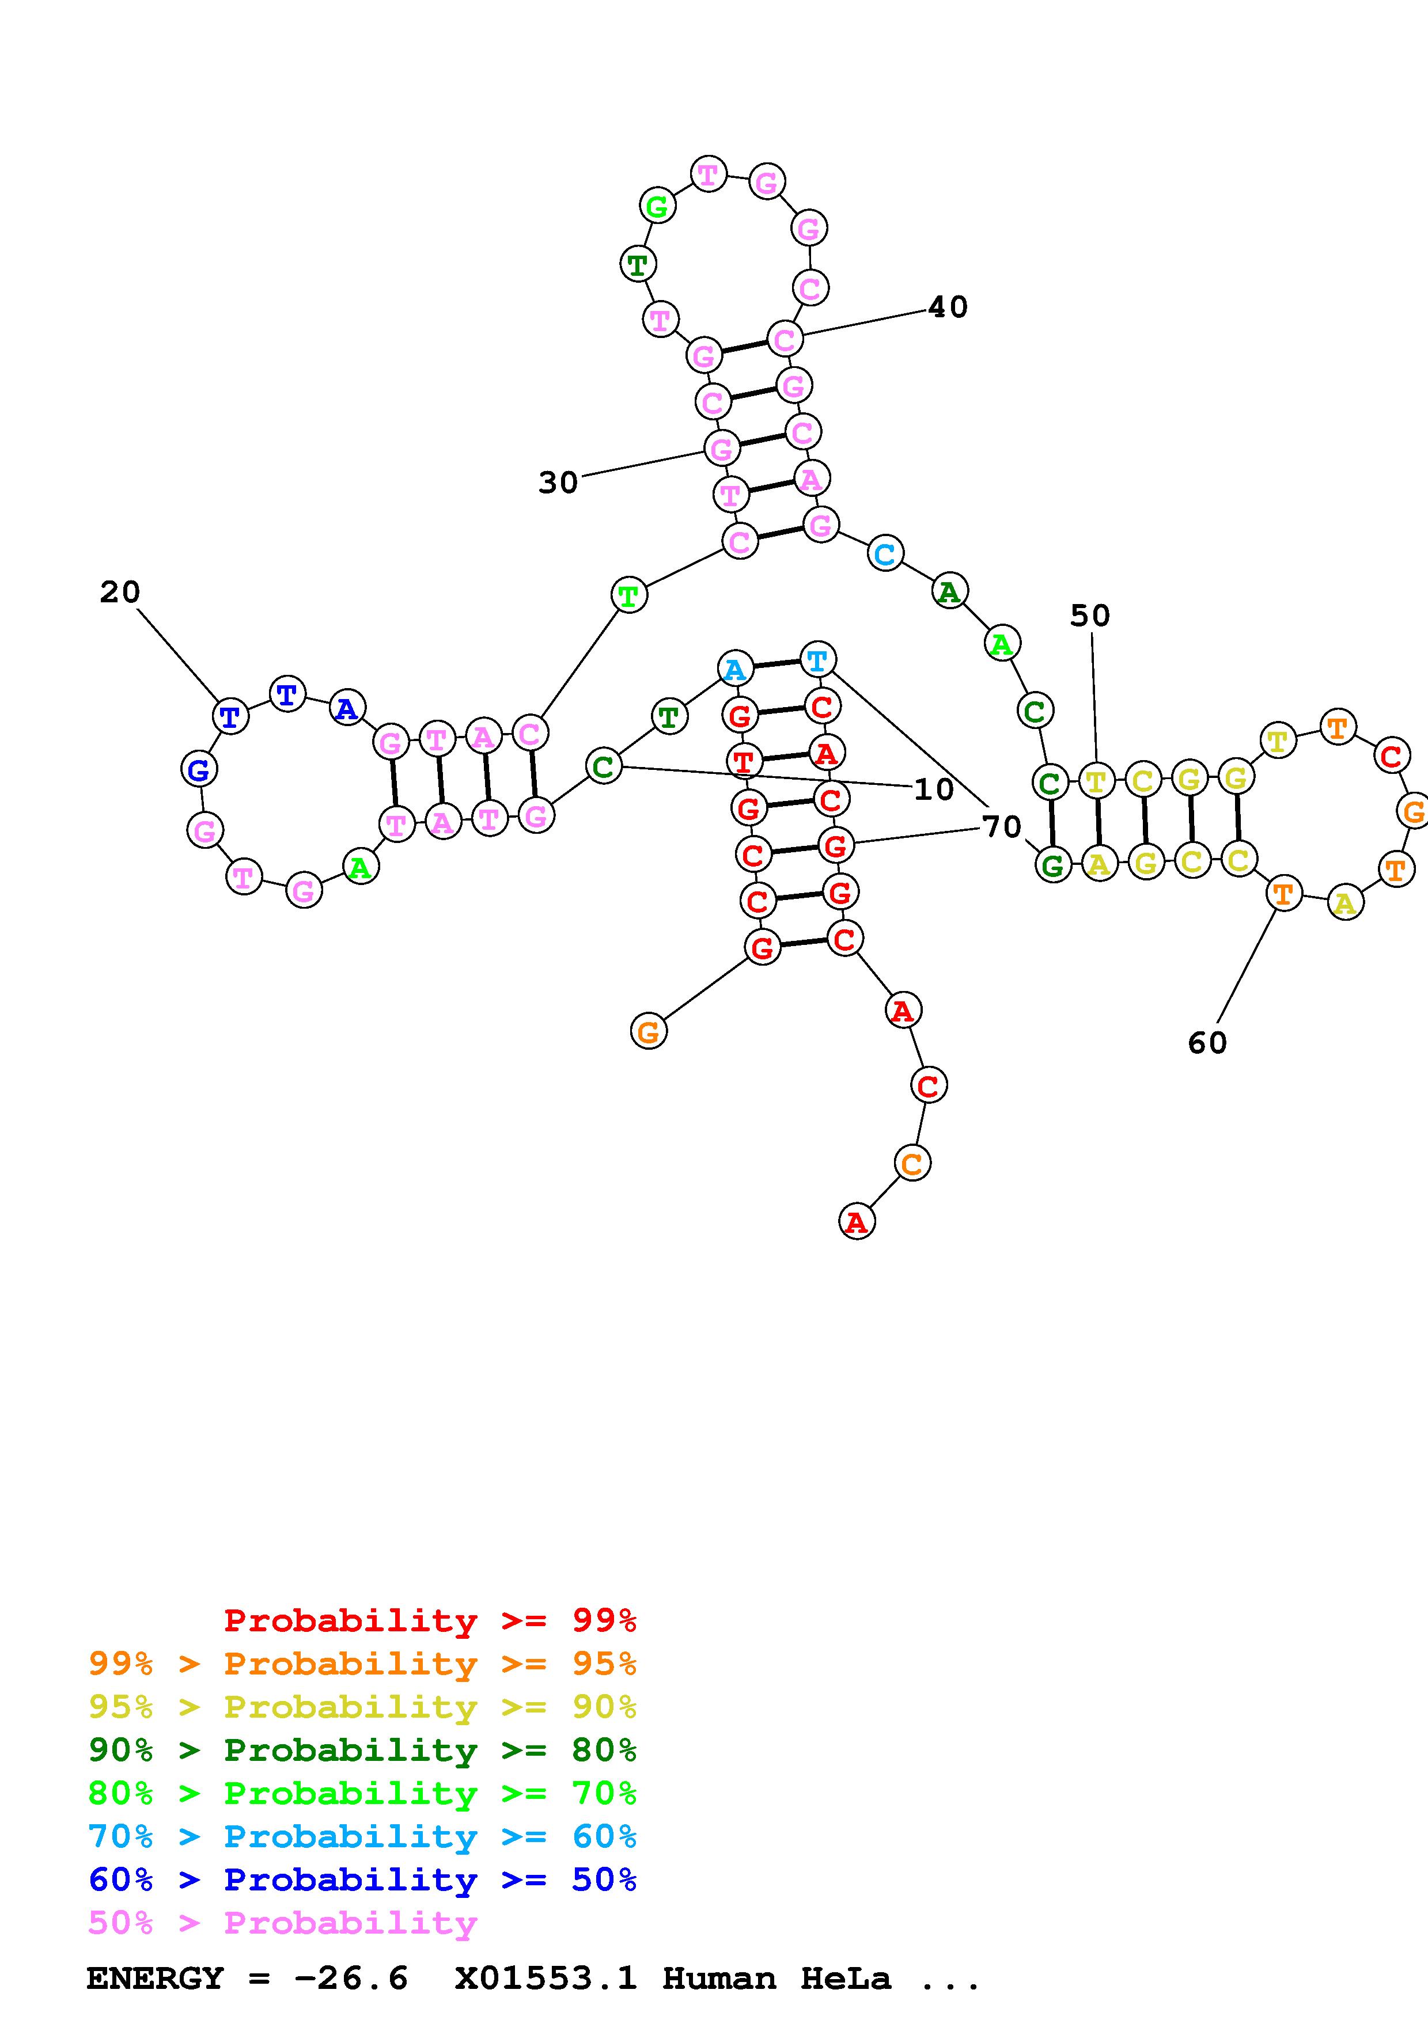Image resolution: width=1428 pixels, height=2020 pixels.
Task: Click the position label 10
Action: (x=934, y=789)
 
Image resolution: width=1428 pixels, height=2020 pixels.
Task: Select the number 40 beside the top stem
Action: (x=948, y=307)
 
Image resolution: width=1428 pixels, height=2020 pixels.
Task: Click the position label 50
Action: (x=1089, y=616)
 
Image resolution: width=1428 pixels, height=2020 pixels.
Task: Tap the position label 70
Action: (x=1001, y=826)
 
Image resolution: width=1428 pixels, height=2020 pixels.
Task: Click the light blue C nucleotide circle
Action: (x=885, y=555)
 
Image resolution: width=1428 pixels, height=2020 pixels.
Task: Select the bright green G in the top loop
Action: (x=656, y=208)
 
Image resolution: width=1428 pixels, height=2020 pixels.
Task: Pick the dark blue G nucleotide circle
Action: (x=199, y=770)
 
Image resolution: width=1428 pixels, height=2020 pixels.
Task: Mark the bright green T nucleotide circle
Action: (x=628, y=595)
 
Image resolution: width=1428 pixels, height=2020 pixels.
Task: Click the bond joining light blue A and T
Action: (x=776, y=665)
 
